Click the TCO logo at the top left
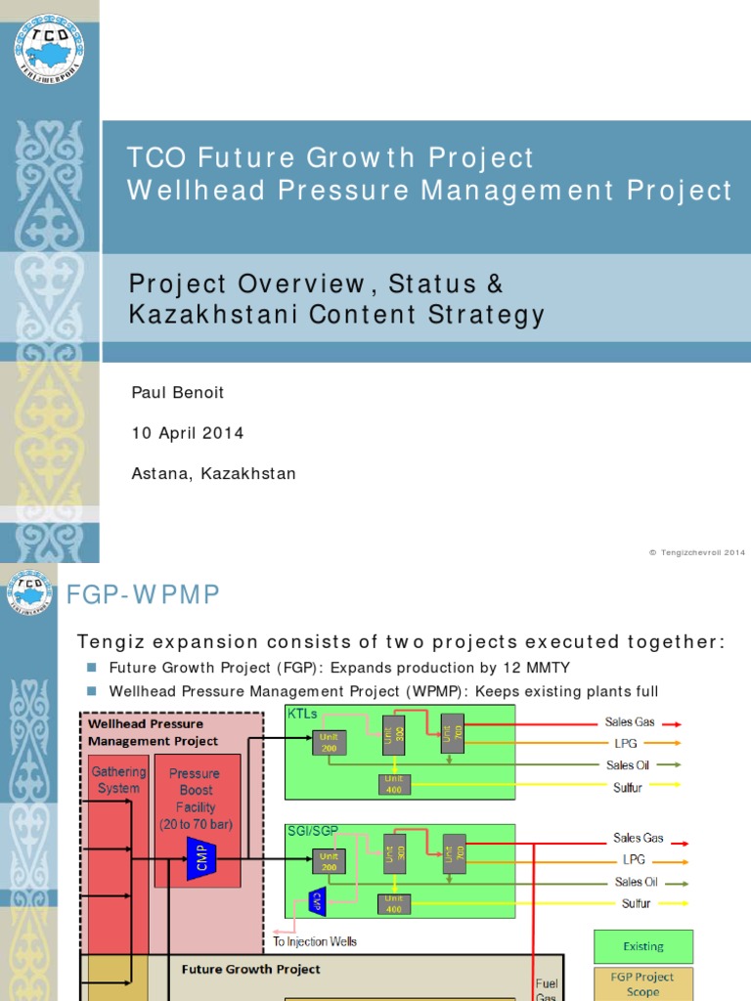(x=49, y=48)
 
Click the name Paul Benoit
(x=177, y=392)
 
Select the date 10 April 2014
(x=188, y=433)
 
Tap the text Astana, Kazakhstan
(x=213, y=474)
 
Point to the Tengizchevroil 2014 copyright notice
(x=696, y=552)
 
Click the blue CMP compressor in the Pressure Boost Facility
(x=201, y=860)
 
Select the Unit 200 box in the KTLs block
(x=329, y=742)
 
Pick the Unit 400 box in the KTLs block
(x=394, y=783)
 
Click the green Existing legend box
(x=643, y=946)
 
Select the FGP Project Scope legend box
(x=642, y=983)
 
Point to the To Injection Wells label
(x=314, y=941)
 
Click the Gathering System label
(x=118, y=779)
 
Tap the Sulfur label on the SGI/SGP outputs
(x=636, y=903)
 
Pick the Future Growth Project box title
(x=250, y=970)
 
